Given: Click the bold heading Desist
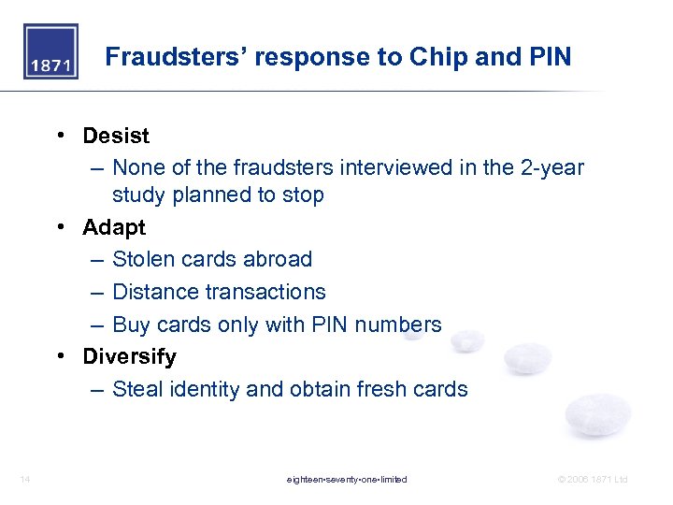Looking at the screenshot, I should (x=116, y=136).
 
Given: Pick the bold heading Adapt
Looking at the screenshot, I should (x=114, y=227).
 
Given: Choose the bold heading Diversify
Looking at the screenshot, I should (x=129, y=356).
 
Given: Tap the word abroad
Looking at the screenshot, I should (x=275, y=259).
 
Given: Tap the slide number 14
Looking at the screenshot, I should (x=24, y=480).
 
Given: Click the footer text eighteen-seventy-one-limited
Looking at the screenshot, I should (x=347, y=480).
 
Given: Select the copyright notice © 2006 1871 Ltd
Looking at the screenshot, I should (x=593, y=480).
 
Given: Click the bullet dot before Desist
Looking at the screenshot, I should (x=60, y=137).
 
